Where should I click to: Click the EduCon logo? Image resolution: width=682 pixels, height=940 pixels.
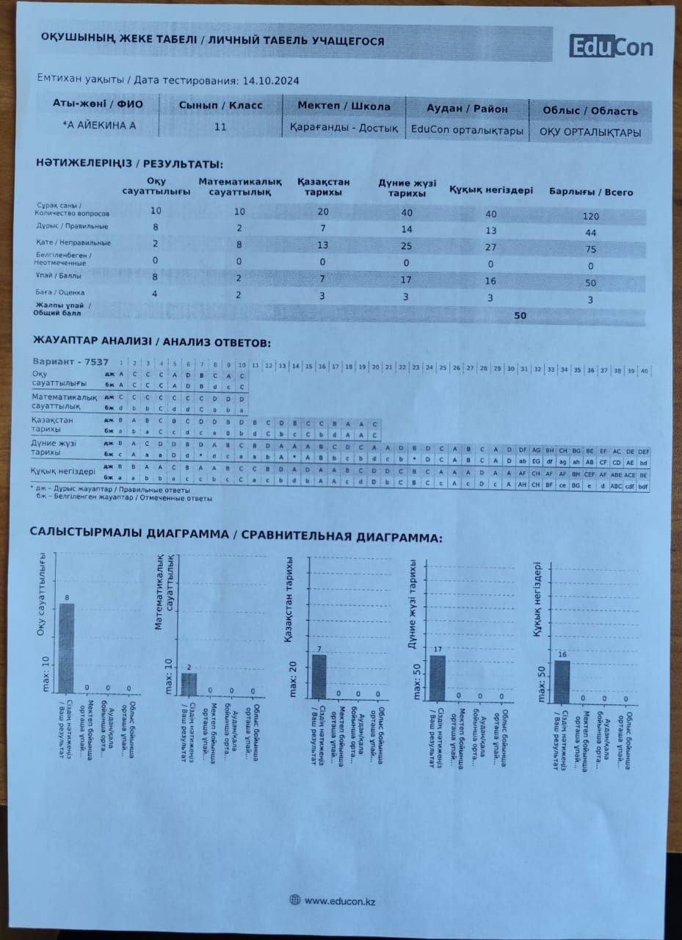point(611,47)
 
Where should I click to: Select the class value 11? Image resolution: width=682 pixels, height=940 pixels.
point(220,126)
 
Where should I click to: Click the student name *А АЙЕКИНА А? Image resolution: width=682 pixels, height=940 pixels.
point(100,126)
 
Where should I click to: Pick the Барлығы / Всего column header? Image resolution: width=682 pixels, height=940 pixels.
point(590,192)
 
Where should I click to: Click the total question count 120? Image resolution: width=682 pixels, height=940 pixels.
point(590,216)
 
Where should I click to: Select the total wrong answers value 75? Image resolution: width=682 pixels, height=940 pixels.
point(590,249)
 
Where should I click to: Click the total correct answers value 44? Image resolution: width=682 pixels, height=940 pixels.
point(590,232)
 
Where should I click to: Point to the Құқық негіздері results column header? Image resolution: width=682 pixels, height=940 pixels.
point(490,189)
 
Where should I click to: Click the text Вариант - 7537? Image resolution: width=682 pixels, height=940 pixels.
point(70,362)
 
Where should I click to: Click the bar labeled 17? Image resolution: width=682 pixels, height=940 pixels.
point(438,676)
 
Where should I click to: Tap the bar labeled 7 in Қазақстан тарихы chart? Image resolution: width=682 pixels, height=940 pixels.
point(319,676)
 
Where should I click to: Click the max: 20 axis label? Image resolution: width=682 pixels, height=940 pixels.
point(293,679)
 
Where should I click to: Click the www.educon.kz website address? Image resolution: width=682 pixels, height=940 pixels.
point(340,900)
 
